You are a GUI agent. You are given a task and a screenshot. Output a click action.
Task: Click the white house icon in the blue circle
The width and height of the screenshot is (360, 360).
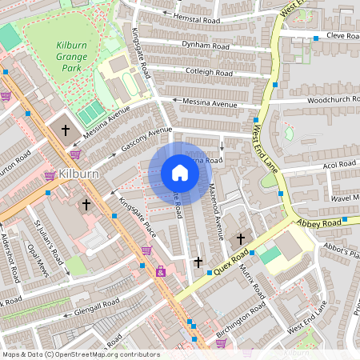pos(179,173)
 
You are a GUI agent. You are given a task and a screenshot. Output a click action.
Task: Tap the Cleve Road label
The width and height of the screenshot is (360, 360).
pos(341,36)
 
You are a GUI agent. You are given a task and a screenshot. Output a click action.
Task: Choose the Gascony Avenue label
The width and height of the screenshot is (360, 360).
pos(147,140)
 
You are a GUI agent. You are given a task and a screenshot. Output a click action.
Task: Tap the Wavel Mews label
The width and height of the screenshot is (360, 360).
pos(345,198)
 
